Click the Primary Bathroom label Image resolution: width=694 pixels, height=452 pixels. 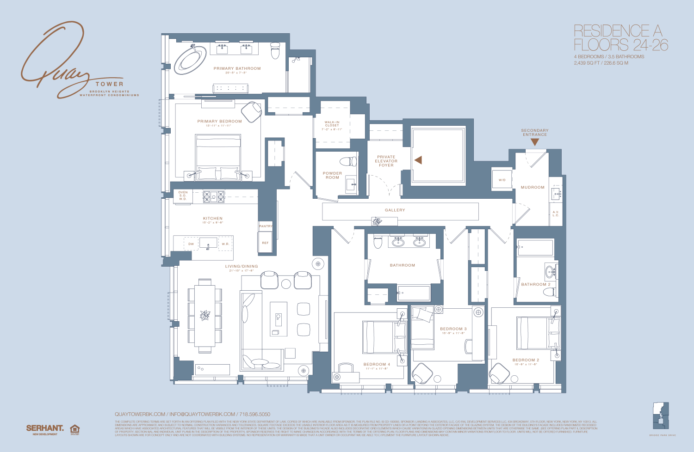coord(237,68)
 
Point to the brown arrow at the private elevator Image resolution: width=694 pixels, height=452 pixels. coord(418,160)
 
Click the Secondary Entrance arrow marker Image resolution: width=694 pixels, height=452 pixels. coord(535,142)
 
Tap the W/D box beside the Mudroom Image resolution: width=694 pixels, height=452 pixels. coord(502,180)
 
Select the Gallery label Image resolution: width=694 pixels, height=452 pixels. coord(395,210)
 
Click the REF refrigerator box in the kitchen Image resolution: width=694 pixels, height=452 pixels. coord(265,243)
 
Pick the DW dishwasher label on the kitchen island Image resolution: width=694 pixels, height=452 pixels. coord(191,244)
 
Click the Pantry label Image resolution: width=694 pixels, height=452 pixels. coord(266,226)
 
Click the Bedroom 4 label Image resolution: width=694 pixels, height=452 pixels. coord(377,364)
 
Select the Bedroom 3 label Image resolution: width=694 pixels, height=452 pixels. coord(453,329)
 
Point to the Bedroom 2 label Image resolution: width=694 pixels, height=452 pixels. coord(526,360)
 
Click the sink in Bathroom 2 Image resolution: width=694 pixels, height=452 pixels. coord(551,271)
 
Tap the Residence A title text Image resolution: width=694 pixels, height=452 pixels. coord(618,31)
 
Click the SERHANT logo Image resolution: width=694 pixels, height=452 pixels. coord(45,428)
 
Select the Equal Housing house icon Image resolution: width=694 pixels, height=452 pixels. coord(74,430)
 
